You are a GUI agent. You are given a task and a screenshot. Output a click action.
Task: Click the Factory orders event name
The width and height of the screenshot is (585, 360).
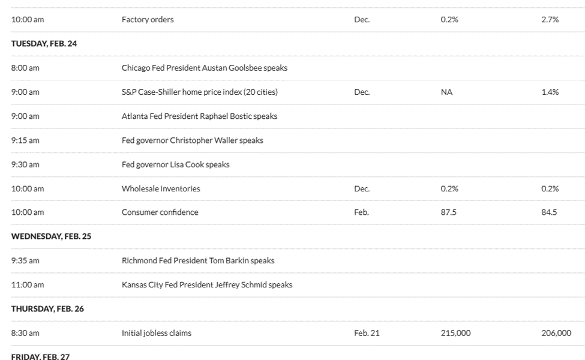pos(148,20)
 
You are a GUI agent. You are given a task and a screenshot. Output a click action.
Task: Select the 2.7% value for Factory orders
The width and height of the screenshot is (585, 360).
pos(550,20)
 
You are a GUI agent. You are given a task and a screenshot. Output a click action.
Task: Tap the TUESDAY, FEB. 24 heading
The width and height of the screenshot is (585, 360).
pos(44,44)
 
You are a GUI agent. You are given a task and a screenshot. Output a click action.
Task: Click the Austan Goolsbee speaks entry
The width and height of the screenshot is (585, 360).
pos(204,68)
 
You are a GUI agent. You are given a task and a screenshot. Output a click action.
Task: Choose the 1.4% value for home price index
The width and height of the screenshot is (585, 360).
pos(550,92)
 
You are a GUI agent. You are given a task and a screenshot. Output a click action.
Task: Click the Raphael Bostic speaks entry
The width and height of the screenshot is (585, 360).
pos(199,116)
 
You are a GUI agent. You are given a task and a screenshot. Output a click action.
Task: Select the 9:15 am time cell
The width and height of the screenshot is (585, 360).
pos(25,140)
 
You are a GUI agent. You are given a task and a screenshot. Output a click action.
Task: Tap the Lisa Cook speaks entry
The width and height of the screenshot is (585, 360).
pos(175,164)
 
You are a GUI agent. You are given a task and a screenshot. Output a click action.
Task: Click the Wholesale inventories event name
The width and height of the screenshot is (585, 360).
pos(161,188)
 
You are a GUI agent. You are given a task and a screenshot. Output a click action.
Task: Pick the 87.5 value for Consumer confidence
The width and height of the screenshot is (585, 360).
pos(448,212)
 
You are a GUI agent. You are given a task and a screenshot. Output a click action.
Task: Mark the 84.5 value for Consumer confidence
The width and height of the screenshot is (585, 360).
pos(549,212)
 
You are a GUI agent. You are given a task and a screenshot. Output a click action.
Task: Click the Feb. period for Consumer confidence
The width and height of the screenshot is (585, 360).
pos(361,212)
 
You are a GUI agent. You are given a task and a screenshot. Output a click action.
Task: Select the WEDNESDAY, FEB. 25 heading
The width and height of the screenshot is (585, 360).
pos(51,236)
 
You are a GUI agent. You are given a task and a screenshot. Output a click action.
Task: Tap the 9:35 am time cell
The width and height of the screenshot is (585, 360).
pos(25,260)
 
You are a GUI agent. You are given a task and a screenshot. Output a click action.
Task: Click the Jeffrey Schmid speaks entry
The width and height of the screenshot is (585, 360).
pos(207,284)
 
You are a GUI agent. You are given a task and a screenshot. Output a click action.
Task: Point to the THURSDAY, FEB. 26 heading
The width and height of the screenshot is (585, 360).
pos(47,308)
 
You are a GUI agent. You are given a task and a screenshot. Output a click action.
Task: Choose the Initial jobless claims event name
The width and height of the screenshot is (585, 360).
pos(157,332)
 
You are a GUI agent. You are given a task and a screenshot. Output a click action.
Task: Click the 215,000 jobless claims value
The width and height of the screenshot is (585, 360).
pos(455,332)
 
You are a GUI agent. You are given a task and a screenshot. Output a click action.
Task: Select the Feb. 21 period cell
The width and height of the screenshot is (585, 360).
pos(367,332)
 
